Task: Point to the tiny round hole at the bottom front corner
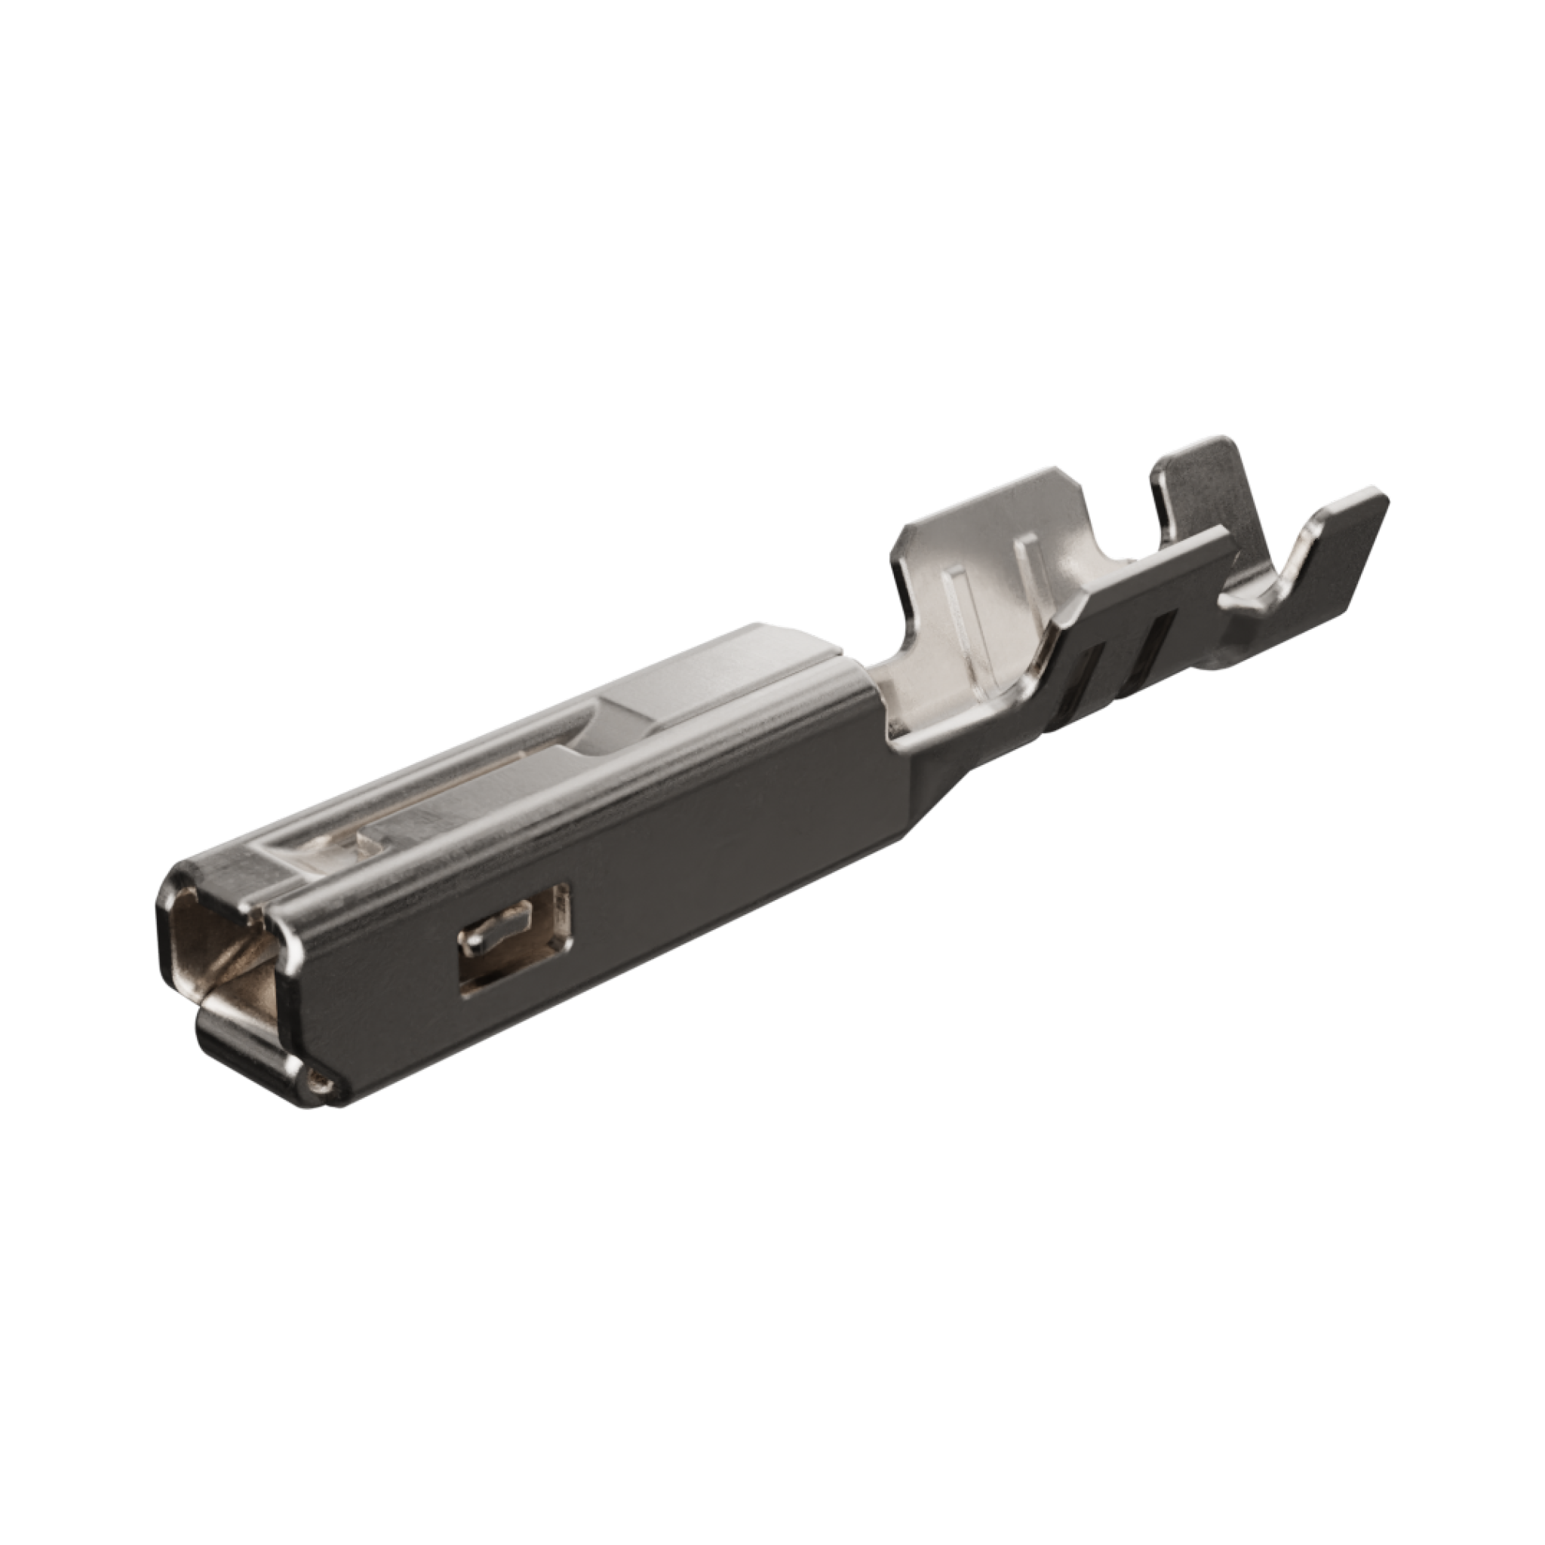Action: [321, 1085]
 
